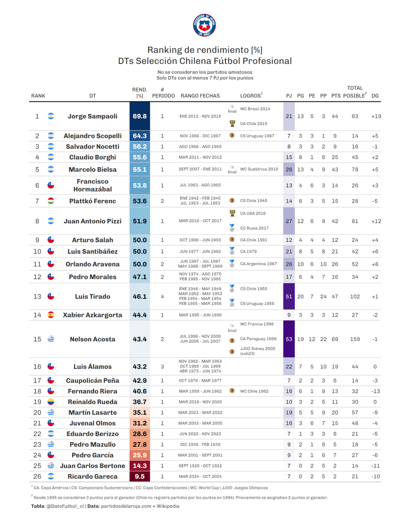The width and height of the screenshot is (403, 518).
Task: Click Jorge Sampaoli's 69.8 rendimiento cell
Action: (140, 116)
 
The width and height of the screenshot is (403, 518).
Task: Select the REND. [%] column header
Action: (140, 93)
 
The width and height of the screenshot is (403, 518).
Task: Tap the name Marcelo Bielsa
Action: (92, 170)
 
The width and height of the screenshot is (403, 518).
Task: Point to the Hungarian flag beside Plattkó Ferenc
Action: (51, 201)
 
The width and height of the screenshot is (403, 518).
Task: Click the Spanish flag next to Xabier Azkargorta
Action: (51, 315)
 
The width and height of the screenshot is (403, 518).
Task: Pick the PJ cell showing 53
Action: (289, 339)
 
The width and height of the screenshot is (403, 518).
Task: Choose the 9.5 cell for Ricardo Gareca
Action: (140, 477)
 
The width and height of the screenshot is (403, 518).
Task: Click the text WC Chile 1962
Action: (254, 391)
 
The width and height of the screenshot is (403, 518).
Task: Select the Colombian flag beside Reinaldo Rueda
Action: (51, 401)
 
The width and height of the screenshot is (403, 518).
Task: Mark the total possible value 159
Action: (355, 339)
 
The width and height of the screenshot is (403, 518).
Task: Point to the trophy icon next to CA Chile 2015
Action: (232, 123)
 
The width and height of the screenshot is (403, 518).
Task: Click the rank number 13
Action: (37, 297)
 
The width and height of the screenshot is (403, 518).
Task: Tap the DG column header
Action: (375, 96)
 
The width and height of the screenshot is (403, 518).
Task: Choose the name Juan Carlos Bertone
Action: (92, 466)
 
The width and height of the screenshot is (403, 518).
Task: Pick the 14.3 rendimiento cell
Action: (140, 466)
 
